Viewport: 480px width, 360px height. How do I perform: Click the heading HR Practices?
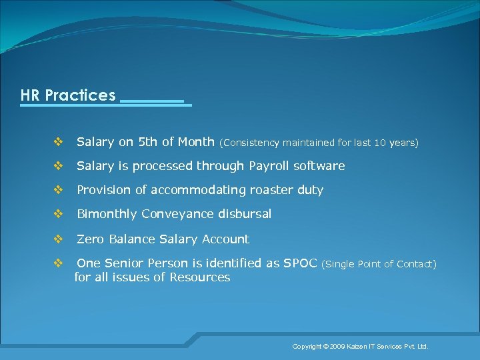tap(68, 95)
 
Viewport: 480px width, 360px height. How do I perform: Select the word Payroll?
tap(269, 166)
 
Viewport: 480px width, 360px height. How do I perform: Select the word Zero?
tap(90, 239)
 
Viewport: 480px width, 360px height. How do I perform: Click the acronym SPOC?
tap(301, 263)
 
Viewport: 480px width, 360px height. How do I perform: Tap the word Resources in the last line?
tap(199, 277)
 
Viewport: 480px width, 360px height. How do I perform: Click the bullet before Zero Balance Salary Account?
tap(57, 239)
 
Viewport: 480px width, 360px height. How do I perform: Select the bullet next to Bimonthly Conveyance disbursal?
tap(57, 214)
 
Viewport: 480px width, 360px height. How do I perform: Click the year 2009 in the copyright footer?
tap(337, 347)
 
